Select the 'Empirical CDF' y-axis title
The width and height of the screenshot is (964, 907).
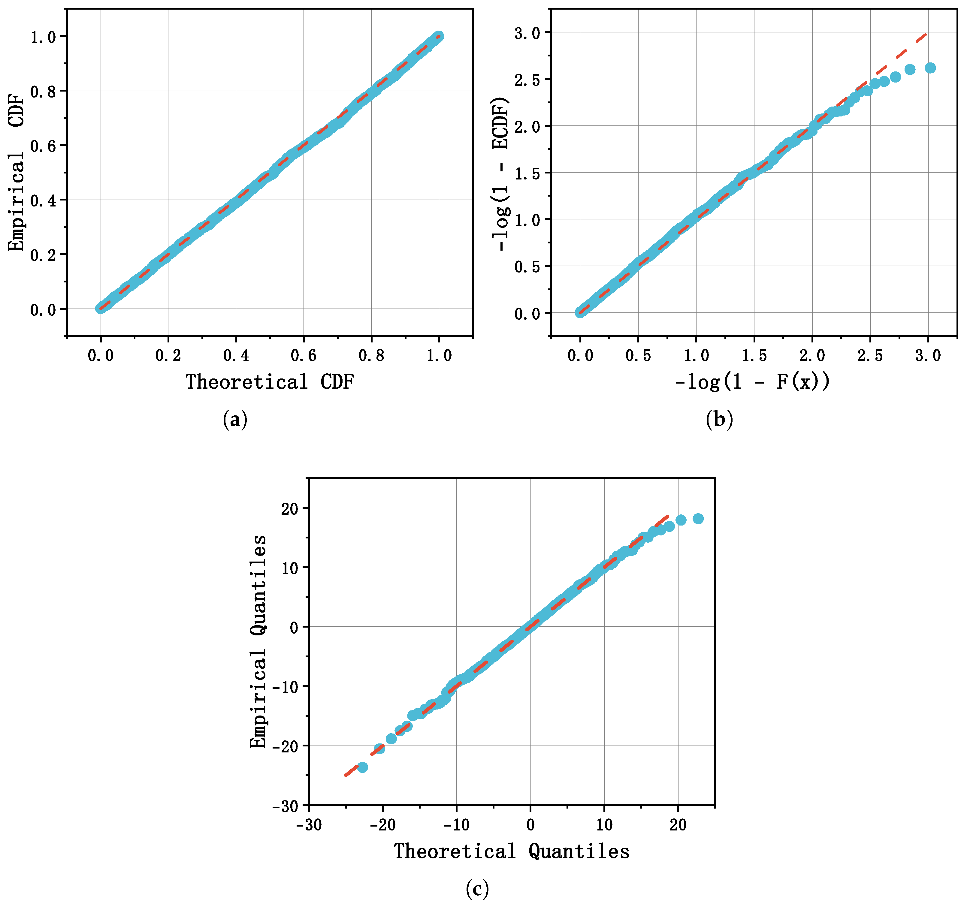click(17, 173)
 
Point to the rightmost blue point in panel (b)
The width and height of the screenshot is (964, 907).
click(930, 68)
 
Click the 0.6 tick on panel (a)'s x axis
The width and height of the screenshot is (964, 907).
click(304, 356)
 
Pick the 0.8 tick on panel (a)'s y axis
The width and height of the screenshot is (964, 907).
click(43, 91)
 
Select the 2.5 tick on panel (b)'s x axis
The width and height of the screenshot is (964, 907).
click(870, 356)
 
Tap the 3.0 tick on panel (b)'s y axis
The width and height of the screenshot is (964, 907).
click(527, 33)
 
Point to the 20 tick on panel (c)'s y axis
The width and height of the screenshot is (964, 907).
click(290, 508)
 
